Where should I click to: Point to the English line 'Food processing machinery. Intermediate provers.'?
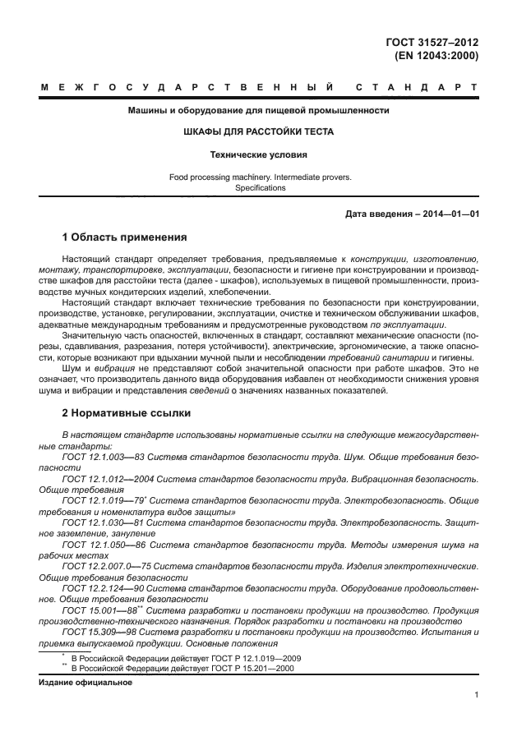tap(260, 177)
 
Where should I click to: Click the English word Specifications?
tap(260, 188)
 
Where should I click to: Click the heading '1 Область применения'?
tap(125, 238)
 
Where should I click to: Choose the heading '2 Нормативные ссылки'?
tap(126, 413)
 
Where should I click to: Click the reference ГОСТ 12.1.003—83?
tap(104, 455)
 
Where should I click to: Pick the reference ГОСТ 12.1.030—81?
tap(104, 522)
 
